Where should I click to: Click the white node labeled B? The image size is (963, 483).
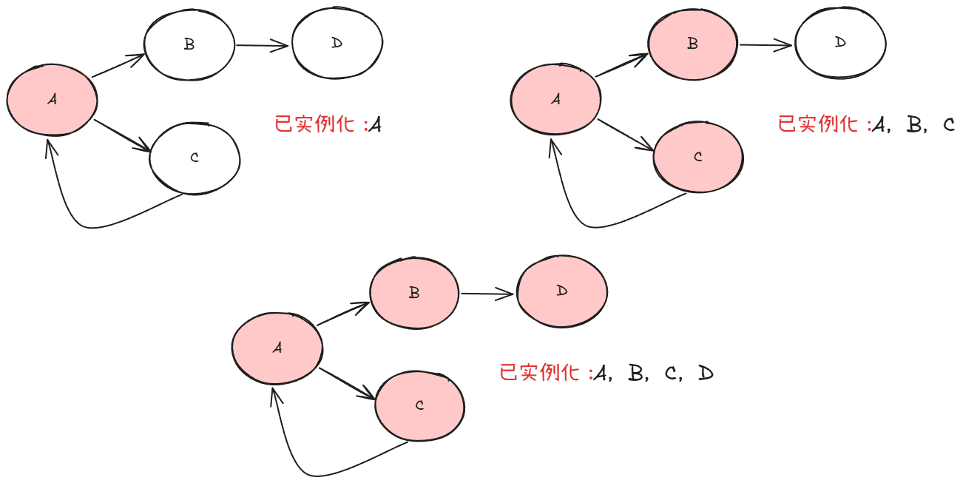(x=189, y=44)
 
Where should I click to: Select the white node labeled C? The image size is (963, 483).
(x=195, y=158)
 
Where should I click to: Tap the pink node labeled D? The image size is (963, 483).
(x=562, y=291)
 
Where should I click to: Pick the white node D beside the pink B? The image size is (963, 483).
(x=840, y=43)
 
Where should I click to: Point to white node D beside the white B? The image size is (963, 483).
(x=337, y=44)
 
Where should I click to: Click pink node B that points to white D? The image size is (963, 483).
(x=693, y=44)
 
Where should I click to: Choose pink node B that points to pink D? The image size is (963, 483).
(x=414, y=293)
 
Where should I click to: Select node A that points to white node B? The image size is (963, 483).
(x=52, y=99)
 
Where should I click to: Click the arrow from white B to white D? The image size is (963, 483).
(x=263, y=46)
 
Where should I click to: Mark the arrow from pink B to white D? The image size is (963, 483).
(x=766, y=45)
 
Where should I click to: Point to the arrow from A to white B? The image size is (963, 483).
(x=118, y=66)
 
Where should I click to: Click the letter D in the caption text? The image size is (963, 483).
(x=705, y=374)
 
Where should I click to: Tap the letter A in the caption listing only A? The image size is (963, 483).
(x=375, y=125)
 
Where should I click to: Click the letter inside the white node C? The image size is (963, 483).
(x=195, y=158)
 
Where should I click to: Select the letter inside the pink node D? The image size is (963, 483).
(x=562, y=291)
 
